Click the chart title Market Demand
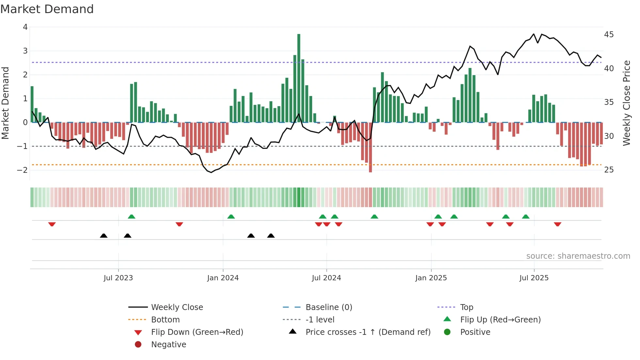[47, 9]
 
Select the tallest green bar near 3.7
[299, 78]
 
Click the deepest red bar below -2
[370, 147]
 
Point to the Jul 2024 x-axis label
[326, 278]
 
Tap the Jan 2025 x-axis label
[431, 278]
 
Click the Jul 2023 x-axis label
[118, 278]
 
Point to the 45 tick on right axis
[609, 35]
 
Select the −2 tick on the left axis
[22, 170]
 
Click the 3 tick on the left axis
[25, 51]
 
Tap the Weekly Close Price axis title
[626, 103]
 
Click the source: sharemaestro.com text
[578, 256]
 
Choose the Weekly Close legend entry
[177, 307]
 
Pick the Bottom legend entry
[165, 320]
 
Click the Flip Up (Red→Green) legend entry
[500, 320]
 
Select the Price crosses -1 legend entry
[368, 332]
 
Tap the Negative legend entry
[168, 345]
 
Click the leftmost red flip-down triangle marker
[52, 224]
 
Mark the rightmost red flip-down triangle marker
[557, 224]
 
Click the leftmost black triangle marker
[104, 236]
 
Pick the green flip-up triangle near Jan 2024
[231, 217]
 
